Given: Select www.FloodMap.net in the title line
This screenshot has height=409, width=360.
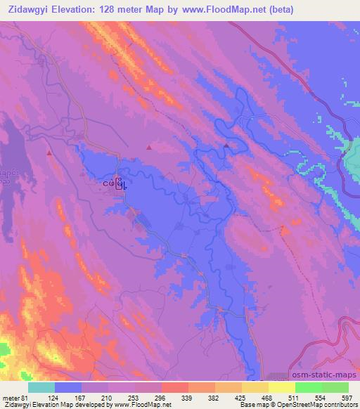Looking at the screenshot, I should point(232,10).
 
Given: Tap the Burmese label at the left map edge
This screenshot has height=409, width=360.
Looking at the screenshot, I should point(4,178).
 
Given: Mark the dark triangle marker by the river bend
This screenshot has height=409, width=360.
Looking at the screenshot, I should point(226,146).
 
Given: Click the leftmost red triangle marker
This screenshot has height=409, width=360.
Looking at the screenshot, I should point(49,152).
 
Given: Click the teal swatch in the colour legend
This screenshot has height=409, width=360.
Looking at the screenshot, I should point(41,387).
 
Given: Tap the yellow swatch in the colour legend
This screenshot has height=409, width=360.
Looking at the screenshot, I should point(281,387).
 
